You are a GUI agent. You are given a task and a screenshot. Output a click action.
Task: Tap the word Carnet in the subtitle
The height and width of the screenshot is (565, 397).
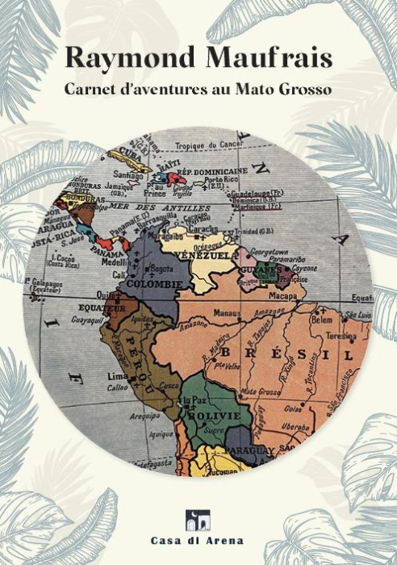(90, 89)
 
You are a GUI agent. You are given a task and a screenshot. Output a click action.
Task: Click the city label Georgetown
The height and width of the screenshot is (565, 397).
(270, 252)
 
